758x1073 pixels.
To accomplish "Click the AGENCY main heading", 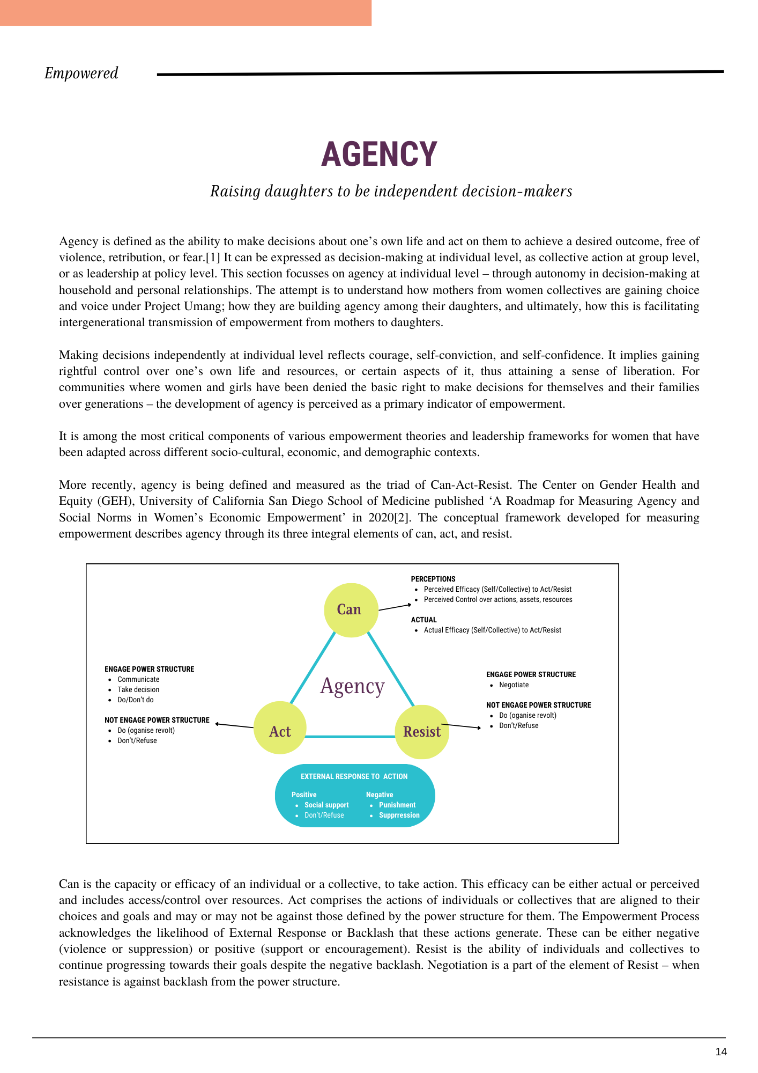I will click(379, 155).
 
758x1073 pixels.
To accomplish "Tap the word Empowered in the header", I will click(81, 74).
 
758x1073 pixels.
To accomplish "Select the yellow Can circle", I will click(351, 610).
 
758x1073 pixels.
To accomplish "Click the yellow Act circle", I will click(280, 728).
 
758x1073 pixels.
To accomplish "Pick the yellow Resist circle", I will click(422, 732).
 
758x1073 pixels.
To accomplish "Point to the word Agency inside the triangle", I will click(352, 686).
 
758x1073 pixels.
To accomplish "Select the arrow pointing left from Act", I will click(234, 725).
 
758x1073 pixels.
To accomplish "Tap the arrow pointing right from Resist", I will click(462, 726).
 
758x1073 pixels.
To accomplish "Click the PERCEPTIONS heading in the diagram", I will click(433, 579).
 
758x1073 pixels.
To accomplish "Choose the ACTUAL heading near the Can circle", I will click(423, 620).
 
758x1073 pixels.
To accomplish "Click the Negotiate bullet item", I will click(514, 685).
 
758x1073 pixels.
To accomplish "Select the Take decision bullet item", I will click(138, 690).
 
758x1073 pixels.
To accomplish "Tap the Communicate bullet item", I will click(138, 680).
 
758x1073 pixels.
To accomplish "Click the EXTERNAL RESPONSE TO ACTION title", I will click(354, 777).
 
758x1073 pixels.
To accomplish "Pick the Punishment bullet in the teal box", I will click(397, 805).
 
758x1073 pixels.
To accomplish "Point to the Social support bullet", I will click(326, 805).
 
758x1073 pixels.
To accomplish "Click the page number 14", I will click(721, 1052).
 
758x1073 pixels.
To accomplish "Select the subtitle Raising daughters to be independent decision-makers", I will click(391, 192).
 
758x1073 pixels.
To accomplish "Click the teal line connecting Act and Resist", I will click(351, 737).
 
